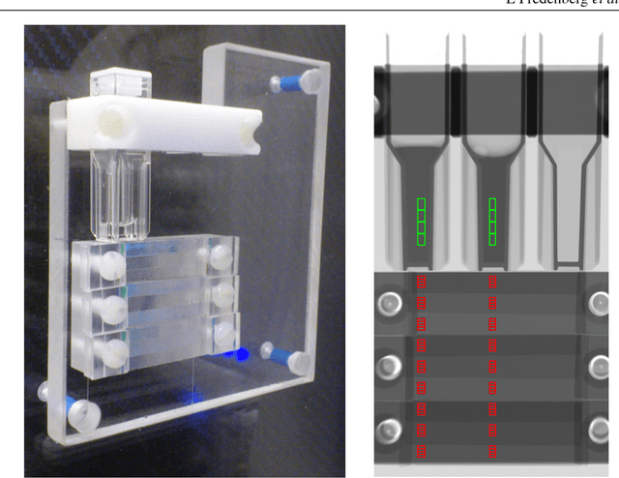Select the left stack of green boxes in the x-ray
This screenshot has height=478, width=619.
tap(421, 221)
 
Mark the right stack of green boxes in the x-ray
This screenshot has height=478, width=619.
tap(492, 221)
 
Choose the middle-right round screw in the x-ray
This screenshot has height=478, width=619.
tap(596, 366)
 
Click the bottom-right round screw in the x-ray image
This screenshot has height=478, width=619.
tap(596, 427)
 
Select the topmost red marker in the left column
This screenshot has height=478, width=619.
tap(421, 283)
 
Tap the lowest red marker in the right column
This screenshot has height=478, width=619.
tap(492, 451)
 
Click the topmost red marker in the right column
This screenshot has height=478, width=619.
tap(492, 283)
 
